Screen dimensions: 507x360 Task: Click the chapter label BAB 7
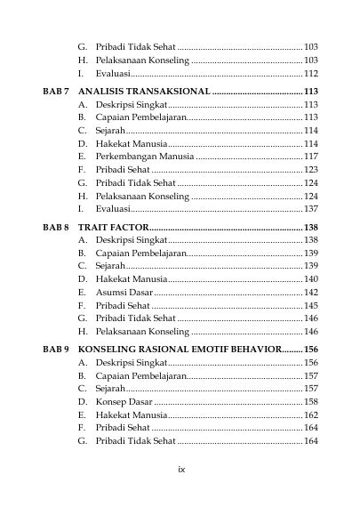[x=57, y=92]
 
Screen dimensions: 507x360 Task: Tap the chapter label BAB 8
[x=57, y=228]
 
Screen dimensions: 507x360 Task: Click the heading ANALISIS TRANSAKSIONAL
[x=144, y=92]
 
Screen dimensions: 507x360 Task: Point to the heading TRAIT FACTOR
[x=114, y=228]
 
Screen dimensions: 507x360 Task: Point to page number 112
[x=311, y=74]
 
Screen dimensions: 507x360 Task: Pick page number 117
[x=311, y=156]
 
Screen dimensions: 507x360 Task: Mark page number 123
[x=311, y=169]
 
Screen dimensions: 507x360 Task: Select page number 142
[x=311, y=292]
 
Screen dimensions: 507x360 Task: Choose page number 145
[x=311, y=305]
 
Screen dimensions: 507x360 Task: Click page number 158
[x=311, y=390]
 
